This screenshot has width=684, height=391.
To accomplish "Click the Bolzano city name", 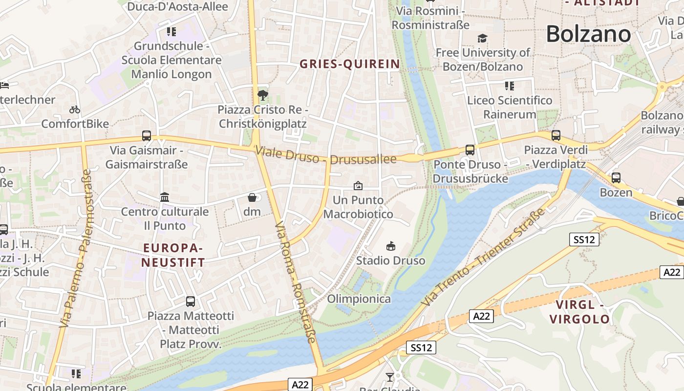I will coord(588,34).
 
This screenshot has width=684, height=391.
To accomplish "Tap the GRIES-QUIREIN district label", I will coord(349,64).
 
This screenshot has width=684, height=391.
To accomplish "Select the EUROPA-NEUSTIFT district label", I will coord(173,255).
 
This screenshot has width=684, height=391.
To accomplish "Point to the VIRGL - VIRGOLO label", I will coord(579,312).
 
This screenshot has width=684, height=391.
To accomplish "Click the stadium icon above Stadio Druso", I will coord(390,246).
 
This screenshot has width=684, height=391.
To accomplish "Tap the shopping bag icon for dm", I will coord(252,197).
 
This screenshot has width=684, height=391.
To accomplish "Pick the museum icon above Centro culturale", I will coord(165,197).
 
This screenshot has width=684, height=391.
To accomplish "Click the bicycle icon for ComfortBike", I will coord(75,110).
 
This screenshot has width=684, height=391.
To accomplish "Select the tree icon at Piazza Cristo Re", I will coord(263,95).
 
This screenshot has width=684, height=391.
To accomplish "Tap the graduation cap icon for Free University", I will coord(482,38).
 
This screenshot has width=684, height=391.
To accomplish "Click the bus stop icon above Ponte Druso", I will coord(470,150).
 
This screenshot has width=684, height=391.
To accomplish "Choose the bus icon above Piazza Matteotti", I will coord(191,302).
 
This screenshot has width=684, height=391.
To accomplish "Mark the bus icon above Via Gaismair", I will coord(147,136).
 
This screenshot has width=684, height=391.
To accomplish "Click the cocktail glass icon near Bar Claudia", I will coord(389,377).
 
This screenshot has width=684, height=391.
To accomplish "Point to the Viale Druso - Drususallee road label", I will coord(325,156).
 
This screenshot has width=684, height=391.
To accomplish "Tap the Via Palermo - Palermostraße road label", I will coord(75,248).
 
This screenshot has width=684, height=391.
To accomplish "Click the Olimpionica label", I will coord(359,299).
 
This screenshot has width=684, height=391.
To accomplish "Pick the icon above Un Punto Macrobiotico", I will coord(358,186).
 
